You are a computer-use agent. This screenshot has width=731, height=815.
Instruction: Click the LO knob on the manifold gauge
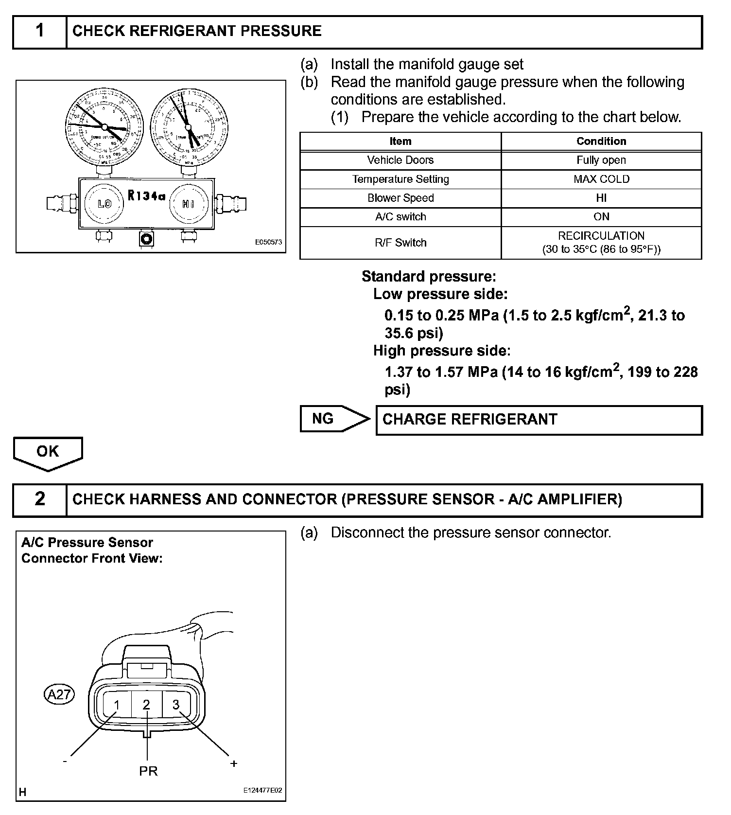tap(104, 204)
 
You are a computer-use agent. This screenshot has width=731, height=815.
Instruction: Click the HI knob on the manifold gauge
tap(189, 204)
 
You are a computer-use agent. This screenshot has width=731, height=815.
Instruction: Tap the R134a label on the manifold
tap(146, 196)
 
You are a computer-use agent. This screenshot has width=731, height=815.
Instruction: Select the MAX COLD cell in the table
tap(601, 179)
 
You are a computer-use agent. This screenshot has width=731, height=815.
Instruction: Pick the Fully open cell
tap(601, 160)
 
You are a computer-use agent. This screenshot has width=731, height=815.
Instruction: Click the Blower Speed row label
tap(400, 198)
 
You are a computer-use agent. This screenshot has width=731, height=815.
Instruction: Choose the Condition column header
tap(601, 141)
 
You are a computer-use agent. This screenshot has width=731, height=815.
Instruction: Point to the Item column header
tap(400, 141)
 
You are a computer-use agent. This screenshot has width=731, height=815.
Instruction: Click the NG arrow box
tap(333, 419)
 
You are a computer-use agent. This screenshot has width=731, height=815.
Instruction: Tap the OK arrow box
tap(48, 452)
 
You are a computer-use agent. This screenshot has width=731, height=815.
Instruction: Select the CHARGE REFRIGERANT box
tap(539, 420)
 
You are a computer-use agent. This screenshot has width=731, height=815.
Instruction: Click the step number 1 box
tap(40, 31)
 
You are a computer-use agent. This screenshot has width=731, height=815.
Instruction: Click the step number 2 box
tap(40, 499)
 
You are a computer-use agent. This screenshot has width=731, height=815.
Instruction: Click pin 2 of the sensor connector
tap(146, 705)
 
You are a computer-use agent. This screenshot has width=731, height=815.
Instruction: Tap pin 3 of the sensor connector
tap(176, 704)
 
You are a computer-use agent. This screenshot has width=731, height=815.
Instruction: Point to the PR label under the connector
tap(148, 771)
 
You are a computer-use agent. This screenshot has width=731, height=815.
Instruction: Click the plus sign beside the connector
tap(234, 763)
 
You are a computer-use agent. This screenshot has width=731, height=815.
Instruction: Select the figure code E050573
tap(268, 242)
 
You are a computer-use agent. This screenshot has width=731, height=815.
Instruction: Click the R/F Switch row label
tap(400, 243)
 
